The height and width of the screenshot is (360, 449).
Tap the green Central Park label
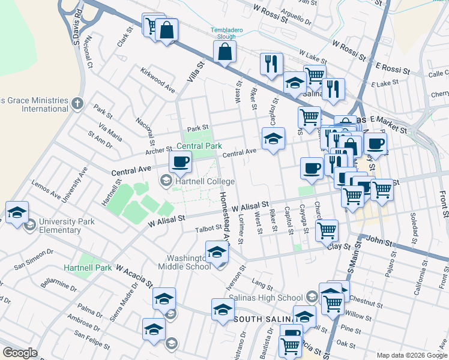click(199, 146)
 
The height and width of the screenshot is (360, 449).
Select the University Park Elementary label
click(67, 226)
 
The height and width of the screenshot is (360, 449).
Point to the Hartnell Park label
click(88, 268)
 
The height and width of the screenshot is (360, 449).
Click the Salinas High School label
click(274, 298)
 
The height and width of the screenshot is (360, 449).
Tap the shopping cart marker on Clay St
click(327, 230)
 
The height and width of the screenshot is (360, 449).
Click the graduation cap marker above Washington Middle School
click(217, 252)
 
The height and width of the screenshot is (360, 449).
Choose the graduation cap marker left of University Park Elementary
click(17, 212)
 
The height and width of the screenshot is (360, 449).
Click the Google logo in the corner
click(20, 353)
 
